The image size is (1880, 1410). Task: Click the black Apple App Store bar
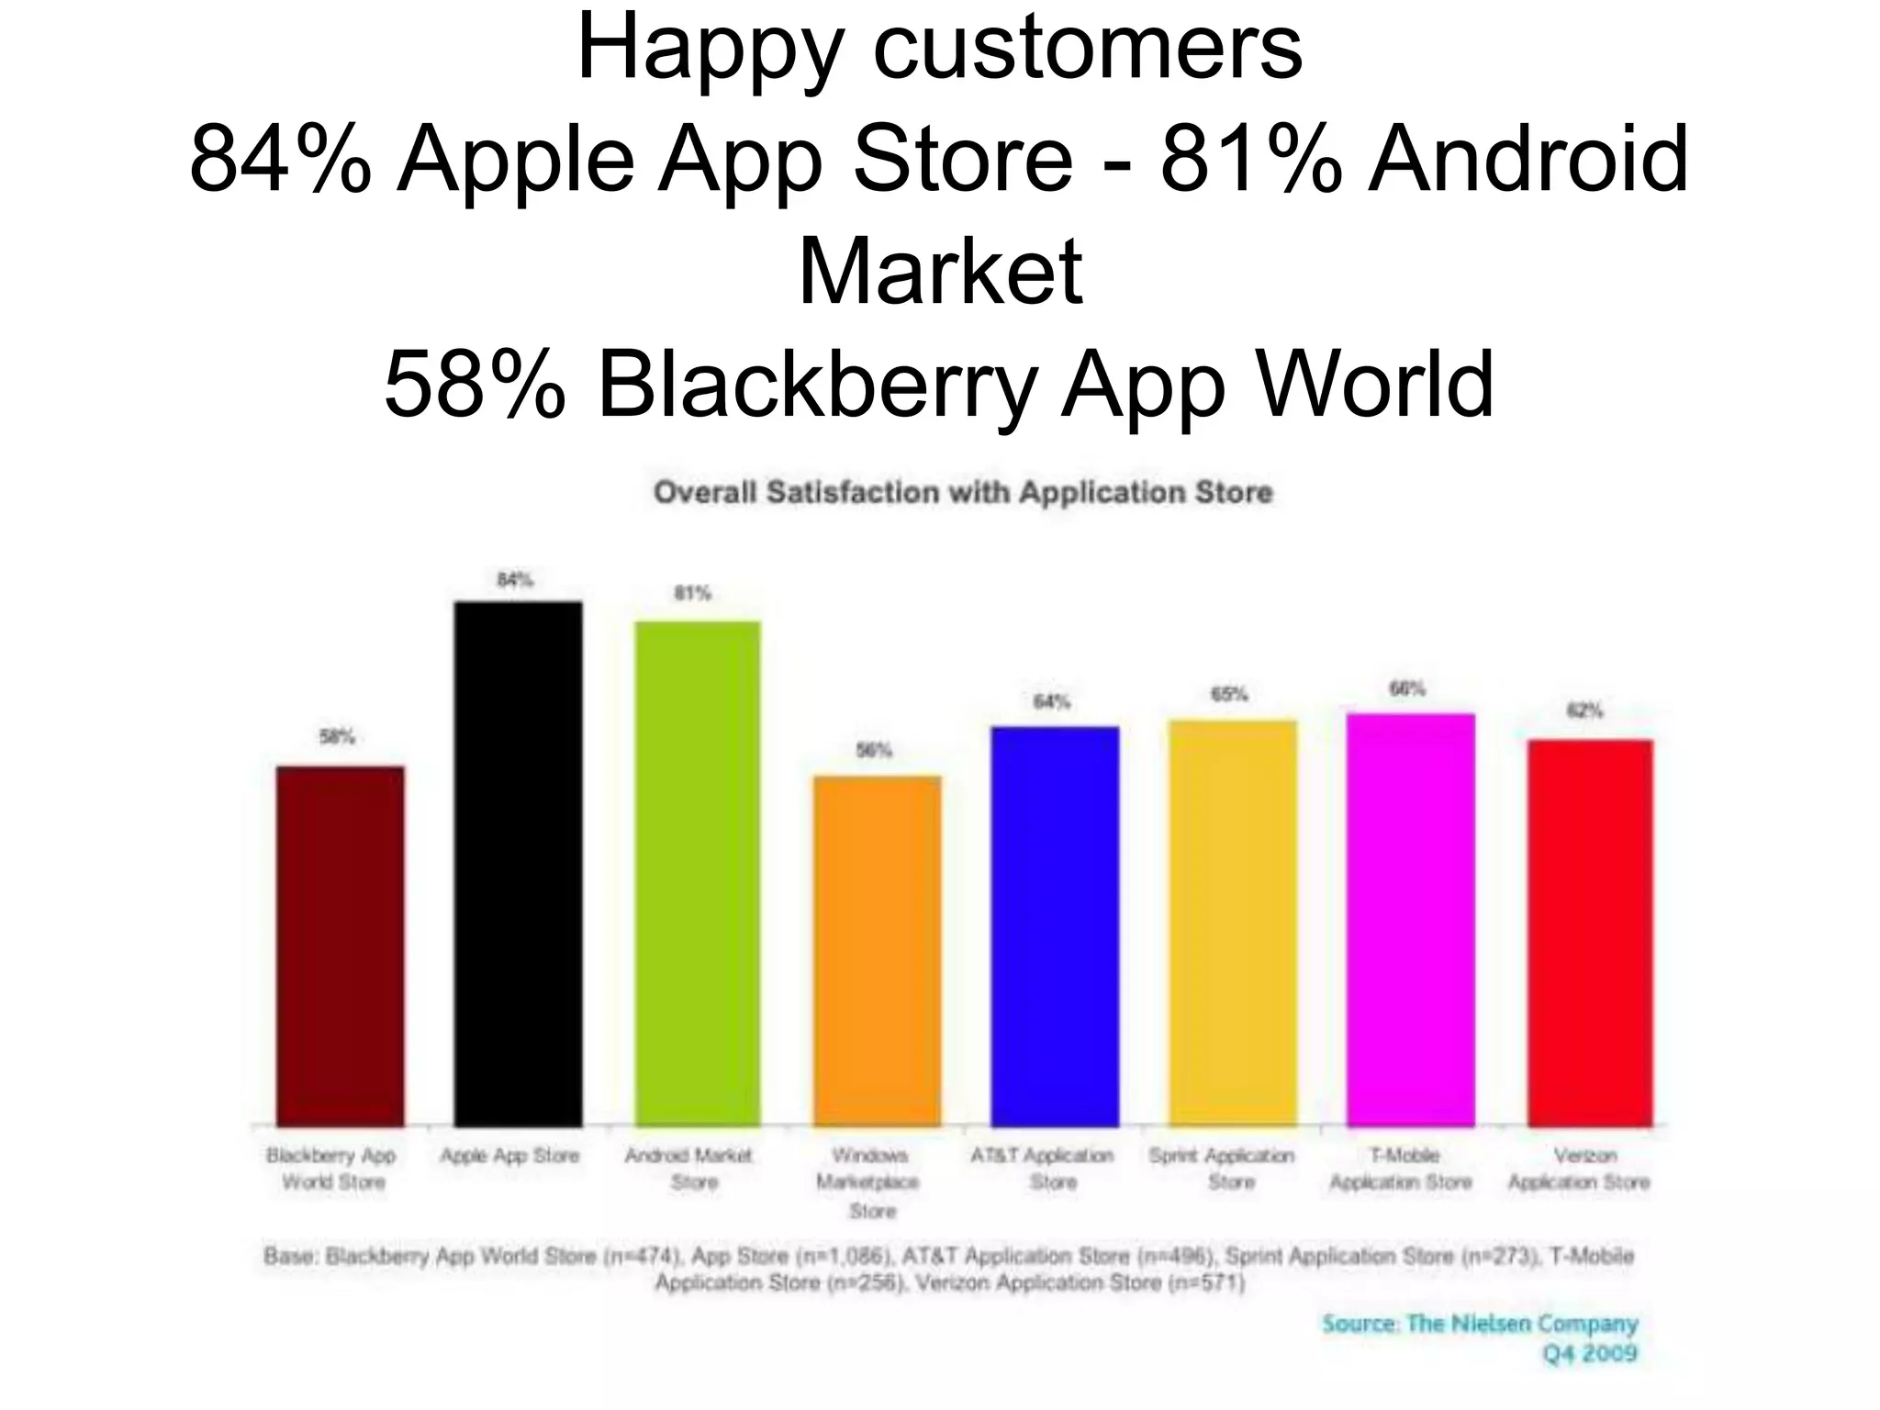click(x=518, y=863)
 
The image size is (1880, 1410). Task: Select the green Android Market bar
click(x=698, y=873)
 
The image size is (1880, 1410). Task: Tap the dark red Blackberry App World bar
click(x=340, y=946)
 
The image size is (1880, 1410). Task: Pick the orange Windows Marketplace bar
click(x=877, y=950)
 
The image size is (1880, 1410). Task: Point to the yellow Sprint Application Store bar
click(x=1232, y=923)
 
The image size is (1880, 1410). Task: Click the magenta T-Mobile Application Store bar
click(x=1410, y=919)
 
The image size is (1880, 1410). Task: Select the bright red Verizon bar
click(x=1589, y=932)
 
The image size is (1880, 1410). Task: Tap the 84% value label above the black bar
click(x=515, y=579)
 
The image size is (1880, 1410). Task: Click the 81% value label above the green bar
click(x=693, y=593)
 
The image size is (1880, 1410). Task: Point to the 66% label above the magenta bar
click(x=1407, y=688)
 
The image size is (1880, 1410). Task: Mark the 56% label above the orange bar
click(x=874, y=750)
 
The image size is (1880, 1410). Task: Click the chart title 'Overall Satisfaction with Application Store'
click(x=962, y=493)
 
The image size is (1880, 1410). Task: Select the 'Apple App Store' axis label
click(x=510, y=1156)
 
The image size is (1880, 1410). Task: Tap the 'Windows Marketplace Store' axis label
click(x=869, y=1182)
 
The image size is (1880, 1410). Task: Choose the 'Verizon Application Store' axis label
click(x=1579, y=1169)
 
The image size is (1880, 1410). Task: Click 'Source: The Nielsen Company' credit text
click(x=1480, y=1324)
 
